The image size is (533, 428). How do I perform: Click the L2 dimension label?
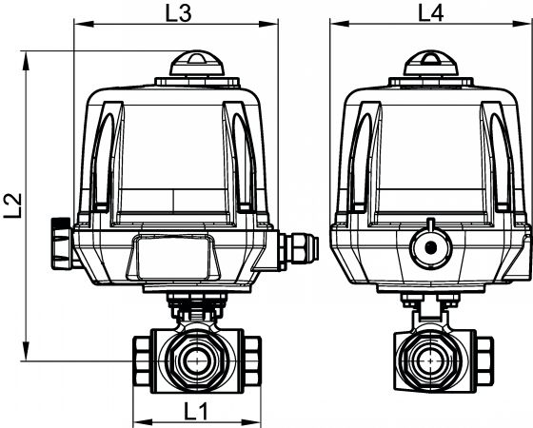[13, 205]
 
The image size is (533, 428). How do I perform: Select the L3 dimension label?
[179, 14]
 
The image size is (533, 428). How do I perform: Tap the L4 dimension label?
[430, 14]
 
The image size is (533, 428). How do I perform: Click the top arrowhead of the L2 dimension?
[26, 61]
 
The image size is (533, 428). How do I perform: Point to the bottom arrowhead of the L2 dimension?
[26, 351]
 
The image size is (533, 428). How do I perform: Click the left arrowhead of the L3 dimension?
[84, 24]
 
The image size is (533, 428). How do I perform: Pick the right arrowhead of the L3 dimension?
[268, 24]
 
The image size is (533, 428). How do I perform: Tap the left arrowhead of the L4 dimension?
[340, 24]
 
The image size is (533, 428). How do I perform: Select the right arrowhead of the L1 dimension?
[251, 423]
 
